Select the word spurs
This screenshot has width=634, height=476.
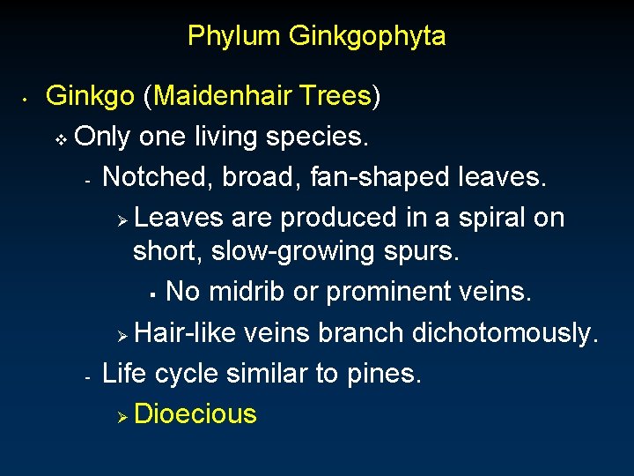pyautogui.click(x=422, y=251)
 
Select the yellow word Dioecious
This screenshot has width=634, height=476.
pyautogui.click(x=195, y=413)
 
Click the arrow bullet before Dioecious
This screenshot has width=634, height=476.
pyautogui.click(x=124, y=415)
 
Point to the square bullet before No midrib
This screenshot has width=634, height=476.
pyautogui.click(x=152, y=293)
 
